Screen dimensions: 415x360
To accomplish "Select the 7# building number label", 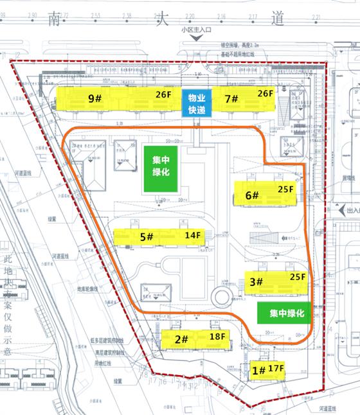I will coord(231,99).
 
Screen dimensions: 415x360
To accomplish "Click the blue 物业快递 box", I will coord(196,103).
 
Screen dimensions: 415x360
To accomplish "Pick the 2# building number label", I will coord(181,339).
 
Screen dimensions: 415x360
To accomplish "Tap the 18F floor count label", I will coord(217,336).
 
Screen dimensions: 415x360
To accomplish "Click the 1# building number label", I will coord(258,370).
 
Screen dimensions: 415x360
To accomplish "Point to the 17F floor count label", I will coord(277,368).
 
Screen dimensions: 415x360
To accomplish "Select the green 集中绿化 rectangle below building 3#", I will coord(283,313).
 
